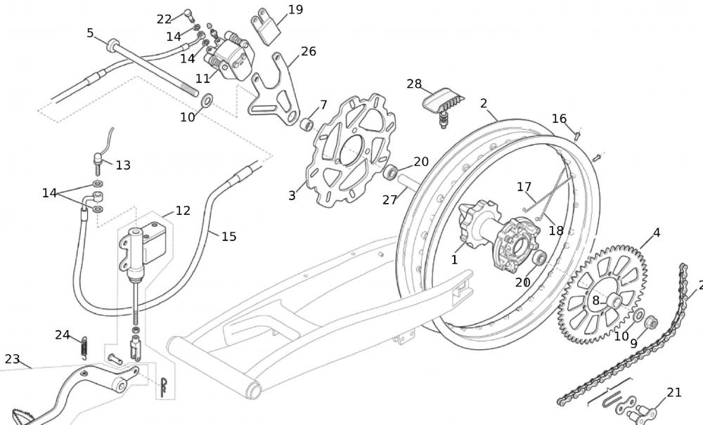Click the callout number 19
(x=295, y=10)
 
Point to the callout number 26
(x=309, y=51)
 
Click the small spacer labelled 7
(x=307, y=124)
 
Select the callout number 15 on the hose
(x=229, y=237)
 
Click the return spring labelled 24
(x=83, y=346)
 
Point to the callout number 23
(x=12, y=359)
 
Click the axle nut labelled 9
(x=651, y=323)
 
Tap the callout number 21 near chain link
(x=674, y=393)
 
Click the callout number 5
(x=90, y=33)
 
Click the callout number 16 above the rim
(x=559, y=119)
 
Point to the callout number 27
(x=390, y=200)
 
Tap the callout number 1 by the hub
(x=454, y=259)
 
